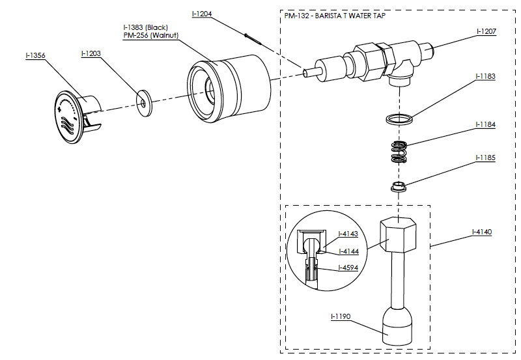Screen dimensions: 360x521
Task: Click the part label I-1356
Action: (x=35, y=56)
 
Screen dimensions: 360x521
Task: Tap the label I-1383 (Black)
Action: (x=145, y=27)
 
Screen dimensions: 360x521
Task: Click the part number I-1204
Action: (x=203, y=14)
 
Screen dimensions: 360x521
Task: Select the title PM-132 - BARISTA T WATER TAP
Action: (x=334, y=16)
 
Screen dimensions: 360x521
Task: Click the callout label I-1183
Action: (x=486, y=76)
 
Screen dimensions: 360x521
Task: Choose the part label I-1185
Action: (x=486, y=158)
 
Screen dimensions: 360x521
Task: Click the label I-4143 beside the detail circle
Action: (x=348, y=234)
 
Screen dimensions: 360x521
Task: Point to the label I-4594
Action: (x=348, y=268)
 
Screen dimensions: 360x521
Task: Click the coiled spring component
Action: (x=399, y=153)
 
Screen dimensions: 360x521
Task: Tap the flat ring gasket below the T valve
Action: (x=399, y=119)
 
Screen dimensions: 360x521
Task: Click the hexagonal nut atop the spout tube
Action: (x=397, y=236)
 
